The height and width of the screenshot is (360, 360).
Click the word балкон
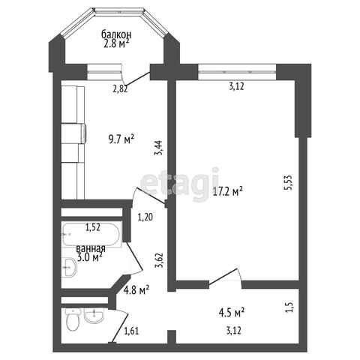(116, 34)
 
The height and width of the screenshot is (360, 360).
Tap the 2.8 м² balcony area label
(116, 43)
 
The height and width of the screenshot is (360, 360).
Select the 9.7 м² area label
(121, 139)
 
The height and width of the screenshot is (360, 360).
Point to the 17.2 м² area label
(227, 191)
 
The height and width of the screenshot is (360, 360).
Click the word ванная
(91, 249)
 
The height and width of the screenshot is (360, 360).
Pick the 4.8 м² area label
(136, 289)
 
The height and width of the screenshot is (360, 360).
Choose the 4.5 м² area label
(232, 313)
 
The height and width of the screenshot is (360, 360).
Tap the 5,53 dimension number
(287, 182)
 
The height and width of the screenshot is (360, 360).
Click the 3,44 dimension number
(159, 148)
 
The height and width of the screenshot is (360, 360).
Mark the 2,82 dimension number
(120, 89)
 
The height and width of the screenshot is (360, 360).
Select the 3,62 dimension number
(159, 260)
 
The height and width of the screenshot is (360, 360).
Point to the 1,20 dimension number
(145, 217)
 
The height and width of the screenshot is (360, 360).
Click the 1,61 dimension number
(131, 331)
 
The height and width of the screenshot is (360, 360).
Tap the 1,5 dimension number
(289, 307)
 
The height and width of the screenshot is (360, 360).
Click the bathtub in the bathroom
(91, 234)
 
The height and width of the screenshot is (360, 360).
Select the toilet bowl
(73, 319)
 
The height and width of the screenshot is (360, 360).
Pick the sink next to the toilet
(94, 316)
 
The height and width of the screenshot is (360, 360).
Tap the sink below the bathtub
(70, 267)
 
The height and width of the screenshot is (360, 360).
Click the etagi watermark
(179, 184)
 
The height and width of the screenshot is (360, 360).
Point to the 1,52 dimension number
(93, 227)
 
